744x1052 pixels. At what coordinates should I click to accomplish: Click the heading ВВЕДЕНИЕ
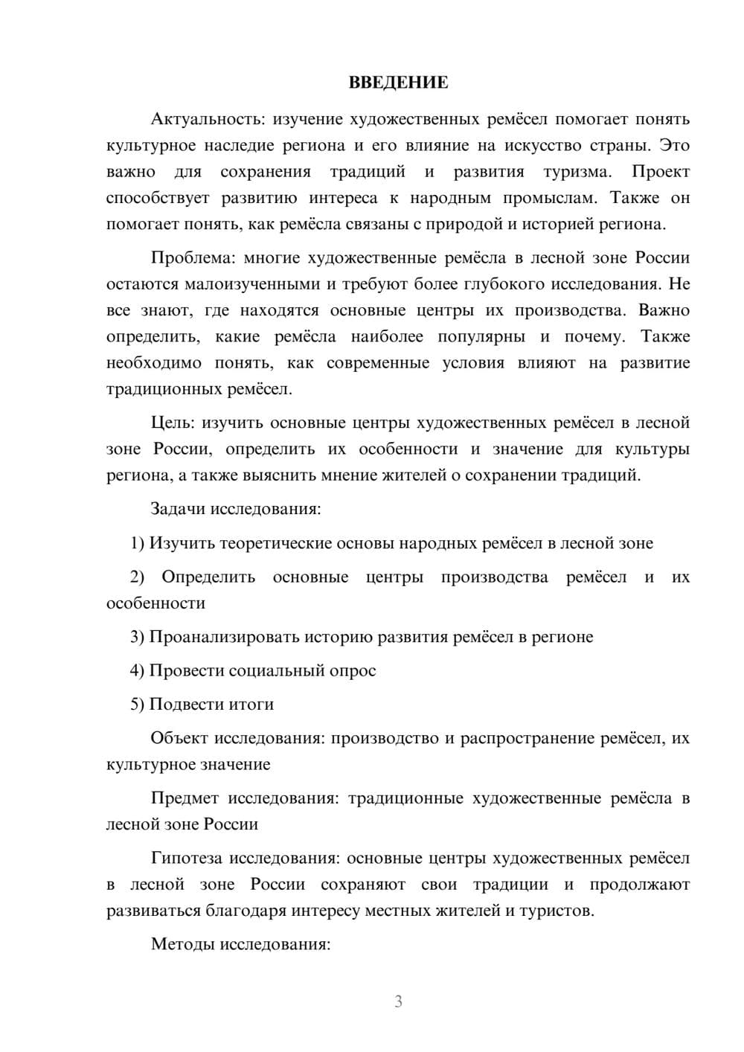pos(398,83)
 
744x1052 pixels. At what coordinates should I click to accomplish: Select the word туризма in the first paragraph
pos(577,172)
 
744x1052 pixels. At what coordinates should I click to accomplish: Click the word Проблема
pos(193,258)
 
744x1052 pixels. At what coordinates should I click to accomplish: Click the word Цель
pos(172,423)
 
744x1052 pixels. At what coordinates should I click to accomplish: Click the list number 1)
pos(138,543)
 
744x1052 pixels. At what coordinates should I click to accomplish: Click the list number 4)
pos(138,670)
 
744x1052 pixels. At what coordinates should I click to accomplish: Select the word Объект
pos(179,738)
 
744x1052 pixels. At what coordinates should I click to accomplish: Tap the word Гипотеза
pos(186,858)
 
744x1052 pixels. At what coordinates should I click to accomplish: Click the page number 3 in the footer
pos(398,1001)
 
